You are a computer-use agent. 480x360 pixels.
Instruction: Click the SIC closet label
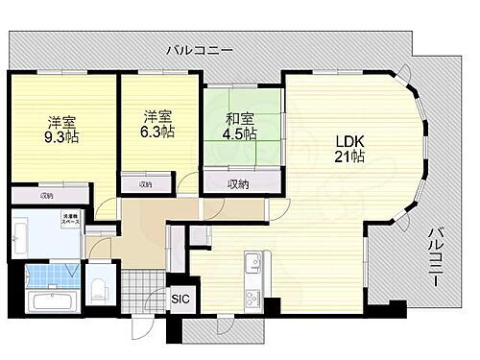[x=180, y=299]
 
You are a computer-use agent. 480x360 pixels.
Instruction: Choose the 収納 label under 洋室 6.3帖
[x=144, y=183]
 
